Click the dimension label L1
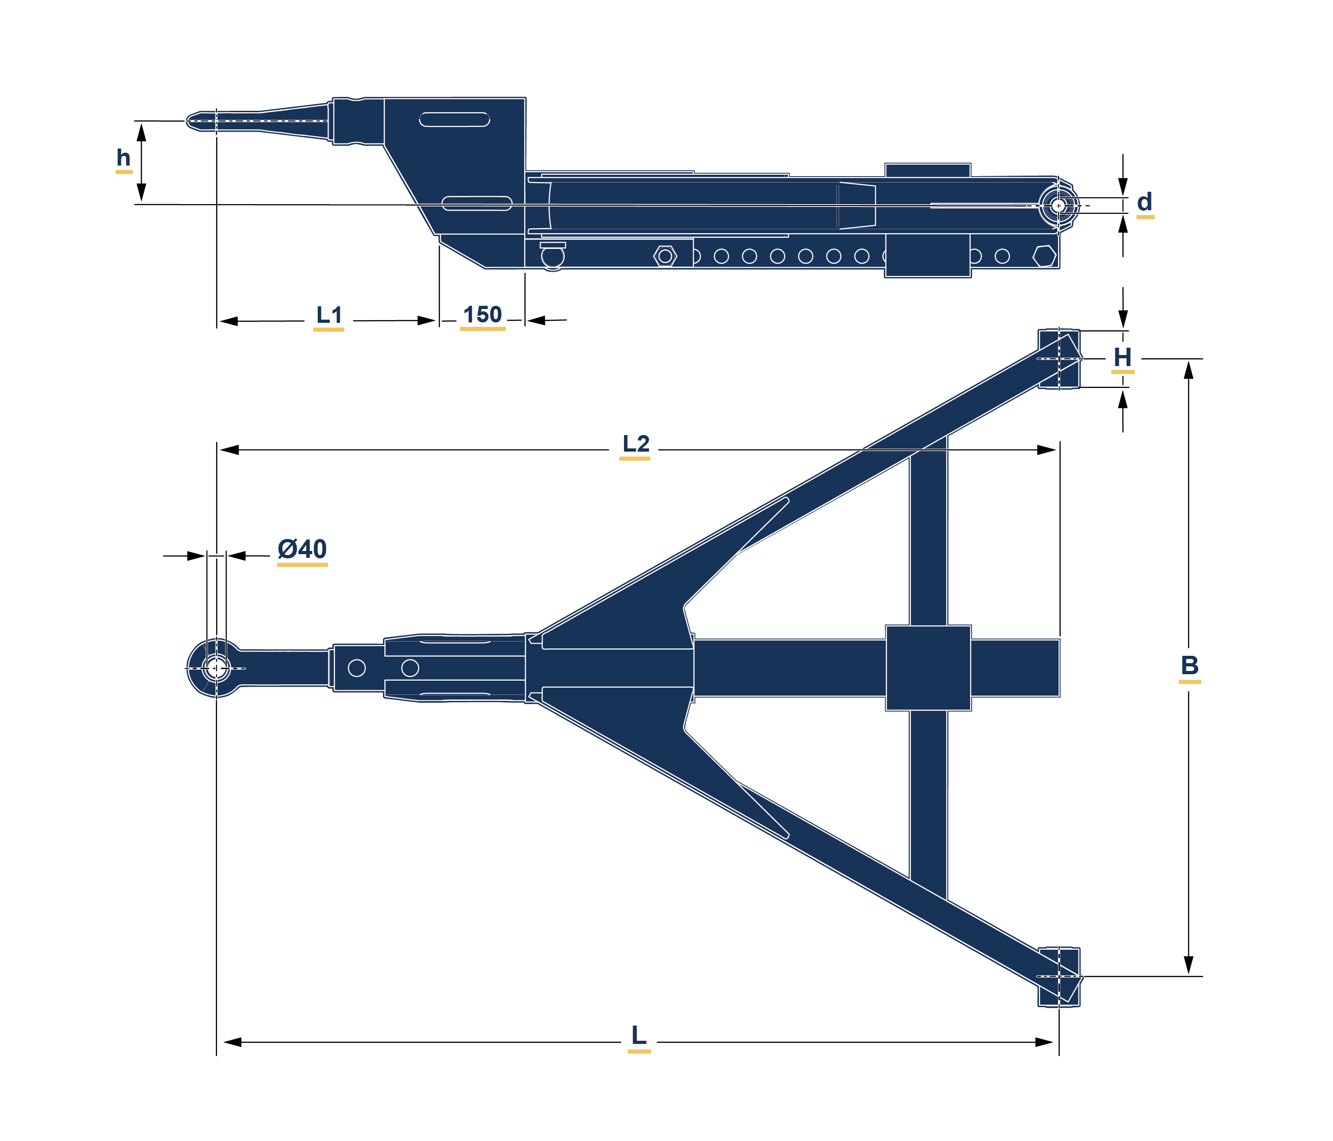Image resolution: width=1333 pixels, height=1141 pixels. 329,315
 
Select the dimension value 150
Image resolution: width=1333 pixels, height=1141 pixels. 482,315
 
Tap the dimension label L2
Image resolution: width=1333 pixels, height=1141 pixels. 635,443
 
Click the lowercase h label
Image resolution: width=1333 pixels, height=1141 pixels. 124,158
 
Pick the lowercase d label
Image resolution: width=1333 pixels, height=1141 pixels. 1144,202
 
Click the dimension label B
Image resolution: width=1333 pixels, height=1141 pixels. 1190,665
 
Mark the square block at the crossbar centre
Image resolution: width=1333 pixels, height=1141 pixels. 928,668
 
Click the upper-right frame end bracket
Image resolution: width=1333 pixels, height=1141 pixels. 1059,359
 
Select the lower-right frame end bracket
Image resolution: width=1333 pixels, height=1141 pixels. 1059,976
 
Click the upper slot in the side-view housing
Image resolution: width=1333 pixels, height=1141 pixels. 454,120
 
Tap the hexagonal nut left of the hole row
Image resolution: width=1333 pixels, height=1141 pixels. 665,256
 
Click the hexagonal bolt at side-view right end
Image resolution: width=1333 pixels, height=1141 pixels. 1044,256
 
